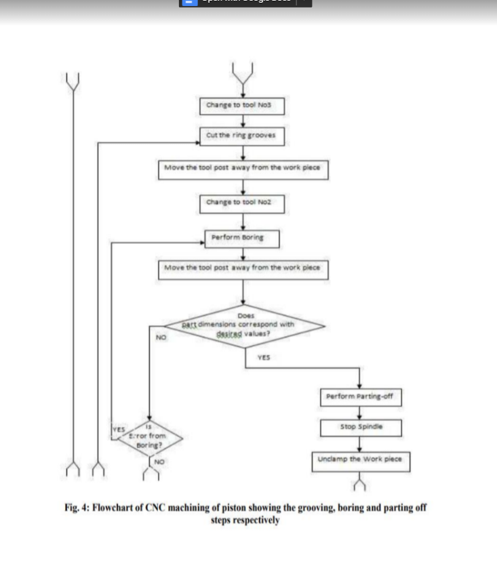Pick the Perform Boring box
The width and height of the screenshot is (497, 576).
241,238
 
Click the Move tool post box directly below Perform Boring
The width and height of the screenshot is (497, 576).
243,268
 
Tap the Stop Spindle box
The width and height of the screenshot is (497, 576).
361,427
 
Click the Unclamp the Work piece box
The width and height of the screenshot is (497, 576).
360,459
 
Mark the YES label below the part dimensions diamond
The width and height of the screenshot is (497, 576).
264,356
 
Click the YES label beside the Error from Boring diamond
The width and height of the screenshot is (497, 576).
119,430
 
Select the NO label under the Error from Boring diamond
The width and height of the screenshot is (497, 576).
159,461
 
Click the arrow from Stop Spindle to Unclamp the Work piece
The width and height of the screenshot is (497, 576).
360,443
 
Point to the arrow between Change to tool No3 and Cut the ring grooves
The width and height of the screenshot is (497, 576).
243,121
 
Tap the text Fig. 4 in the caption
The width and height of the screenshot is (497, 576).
77,508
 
